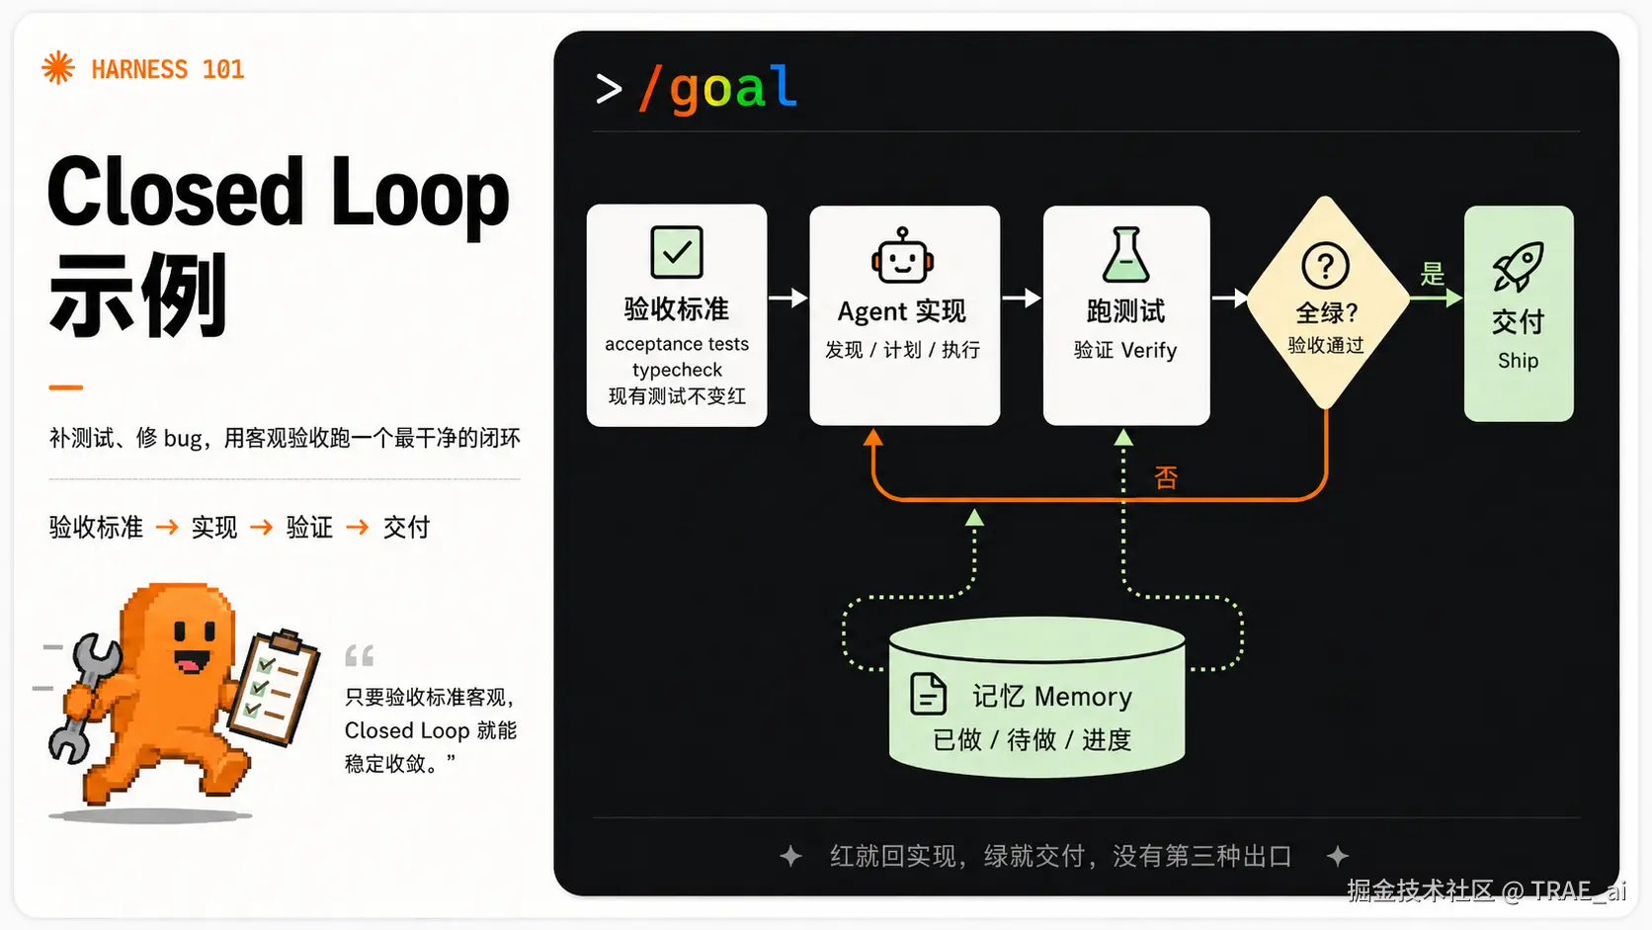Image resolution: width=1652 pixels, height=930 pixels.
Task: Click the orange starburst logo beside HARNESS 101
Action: (x=58, y=68)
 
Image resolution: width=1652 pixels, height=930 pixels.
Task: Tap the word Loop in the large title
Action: (x=420, y=195)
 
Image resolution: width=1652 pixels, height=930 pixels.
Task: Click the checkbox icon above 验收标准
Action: (x=676, y=251)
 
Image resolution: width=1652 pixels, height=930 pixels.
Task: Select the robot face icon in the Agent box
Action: (x=903, y=256)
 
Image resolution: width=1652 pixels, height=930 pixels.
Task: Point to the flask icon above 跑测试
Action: (x=1125, y=254)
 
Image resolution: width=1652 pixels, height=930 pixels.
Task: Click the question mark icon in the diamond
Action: (x=1325, y=266)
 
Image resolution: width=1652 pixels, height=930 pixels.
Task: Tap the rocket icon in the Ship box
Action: (x=1518, y=266)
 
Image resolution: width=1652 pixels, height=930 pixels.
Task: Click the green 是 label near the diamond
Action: (x=1433, y=274)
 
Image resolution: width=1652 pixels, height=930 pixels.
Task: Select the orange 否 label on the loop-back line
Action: (x=1166, y=478)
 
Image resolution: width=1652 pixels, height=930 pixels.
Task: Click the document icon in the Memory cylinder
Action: (x=928, y=694)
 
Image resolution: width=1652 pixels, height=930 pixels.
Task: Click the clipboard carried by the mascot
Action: (x=274, y=687)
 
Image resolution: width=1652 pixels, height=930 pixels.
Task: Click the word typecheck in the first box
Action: (x=677, y=370)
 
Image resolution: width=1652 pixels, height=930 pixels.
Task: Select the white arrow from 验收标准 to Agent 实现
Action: (x=788, y=297)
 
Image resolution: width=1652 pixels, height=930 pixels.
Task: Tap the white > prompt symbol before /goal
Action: (x=609, y=90)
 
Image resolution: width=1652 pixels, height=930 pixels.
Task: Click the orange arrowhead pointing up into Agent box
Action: (x=873, y=438)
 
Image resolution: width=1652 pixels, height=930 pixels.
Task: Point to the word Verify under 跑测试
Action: (x=1149, y=351)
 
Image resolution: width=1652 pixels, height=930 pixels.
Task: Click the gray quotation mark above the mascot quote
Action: (x=360, y=655)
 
